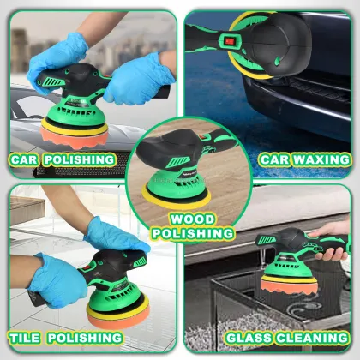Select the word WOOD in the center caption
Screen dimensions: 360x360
pos(192,219)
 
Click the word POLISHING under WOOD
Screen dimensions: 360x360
pos(192,233)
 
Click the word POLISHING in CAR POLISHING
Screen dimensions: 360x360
pos(82,159)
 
